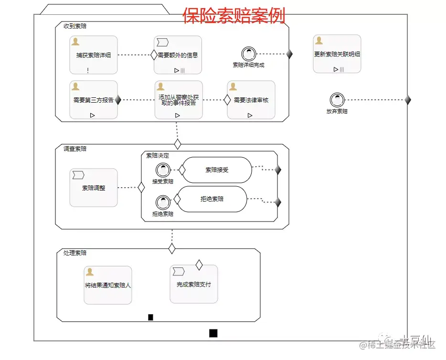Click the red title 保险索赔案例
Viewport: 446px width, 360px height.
point(234,15)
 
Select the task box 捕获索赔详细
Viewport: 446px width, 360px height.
point(94,55)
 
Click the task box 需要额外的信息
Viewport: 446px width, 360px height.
point(178,55)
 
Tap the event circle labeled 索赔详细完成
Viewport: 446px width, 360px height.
point(248,53)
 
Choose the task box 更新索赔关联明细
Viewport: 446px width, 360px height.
point(337,54)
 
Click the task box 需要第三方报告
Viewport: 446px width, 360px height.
point(94,100)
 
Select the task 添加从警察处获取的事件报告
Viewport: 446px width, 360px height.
point(178,100)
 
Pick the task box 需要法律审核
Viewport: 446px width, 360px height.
point(251,100)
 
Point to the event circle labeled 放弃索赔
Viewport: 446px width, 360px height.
point(337,100)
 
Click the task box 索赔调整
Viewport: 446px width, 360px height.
point(94,188)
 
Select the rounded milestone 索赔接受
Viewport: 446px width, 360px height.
point(217,169)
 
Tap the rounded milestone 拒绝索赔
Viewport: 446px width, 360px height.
point(212,199)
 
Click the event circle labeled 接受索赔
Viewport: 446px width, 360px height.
point(163,169)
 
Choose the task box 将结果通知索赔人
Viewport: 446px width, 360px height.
point(108,285)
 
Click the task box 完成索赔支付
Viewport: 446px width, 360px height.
point(193,284)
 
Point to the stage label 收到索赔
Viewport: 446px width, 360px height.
point(75,26)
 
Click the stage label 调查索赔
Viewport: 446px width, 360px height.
point(75,148)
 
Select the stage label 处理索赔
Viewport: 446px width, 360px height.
point(75,253)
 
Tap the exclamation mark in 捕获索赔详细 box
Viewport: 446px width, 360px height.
point(88,70)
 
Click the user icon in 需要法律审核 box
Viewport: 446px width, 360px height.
point(233,86)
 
